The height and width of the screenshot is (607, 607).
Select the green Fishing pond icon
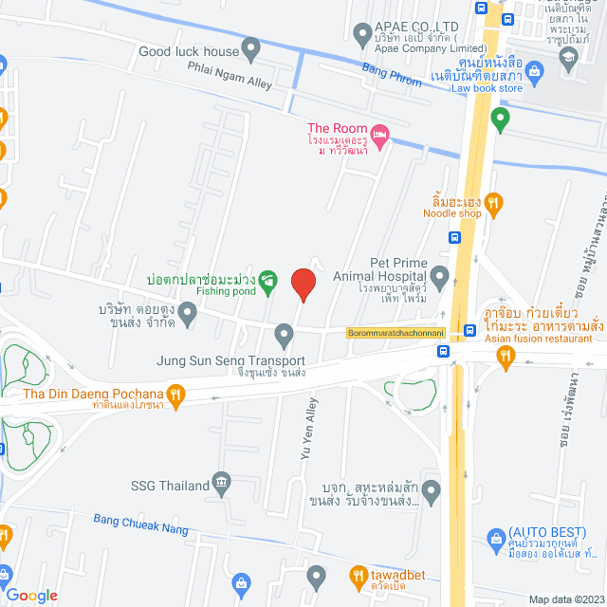[268, 280]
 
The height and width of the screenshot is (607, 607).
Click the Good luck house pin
[250, 46]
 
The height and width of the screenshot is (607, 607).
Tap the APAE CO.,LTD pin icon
[361, 36]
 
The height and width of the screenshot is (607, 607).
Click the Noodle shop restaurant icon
[491, 202]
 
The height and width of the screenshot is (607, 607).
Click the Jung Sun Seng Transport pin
[284, 334]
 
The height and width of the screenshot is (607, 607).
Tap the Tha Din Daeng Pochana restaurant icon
[175, 395]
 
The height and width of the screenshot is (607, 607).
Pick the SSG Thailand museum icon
[221, 483]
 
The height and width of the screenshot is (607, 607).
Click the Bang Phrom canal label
[392, 74]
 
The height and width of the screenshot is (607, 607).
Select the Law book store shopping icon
[534, 71]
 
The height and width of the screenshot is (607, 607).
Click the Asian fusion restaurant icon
[506, 356]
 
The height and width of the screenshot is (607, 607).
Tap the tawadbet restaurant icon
[359, 575]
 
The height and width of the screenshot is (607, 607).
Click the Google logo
[30, 596]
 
